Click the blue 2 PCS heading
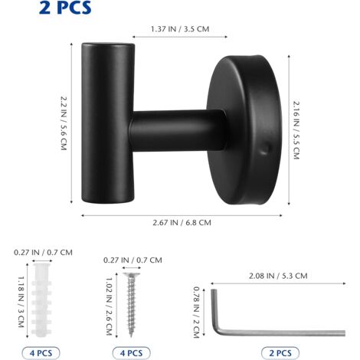pos(65,8)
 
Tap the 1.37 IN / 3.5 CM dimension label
pos(180,29)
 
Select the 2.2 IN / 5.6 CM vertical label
pos(64,123)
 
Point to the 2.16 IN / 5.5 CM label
pos(296,130)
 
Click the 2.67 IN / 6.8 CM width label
pos(182,223)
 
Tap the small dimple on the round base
pos(265,149)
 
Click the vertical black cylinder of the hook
pos(108,123)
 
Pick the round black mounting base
pos(244,130)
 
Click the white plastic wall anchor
pos(41,300)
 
